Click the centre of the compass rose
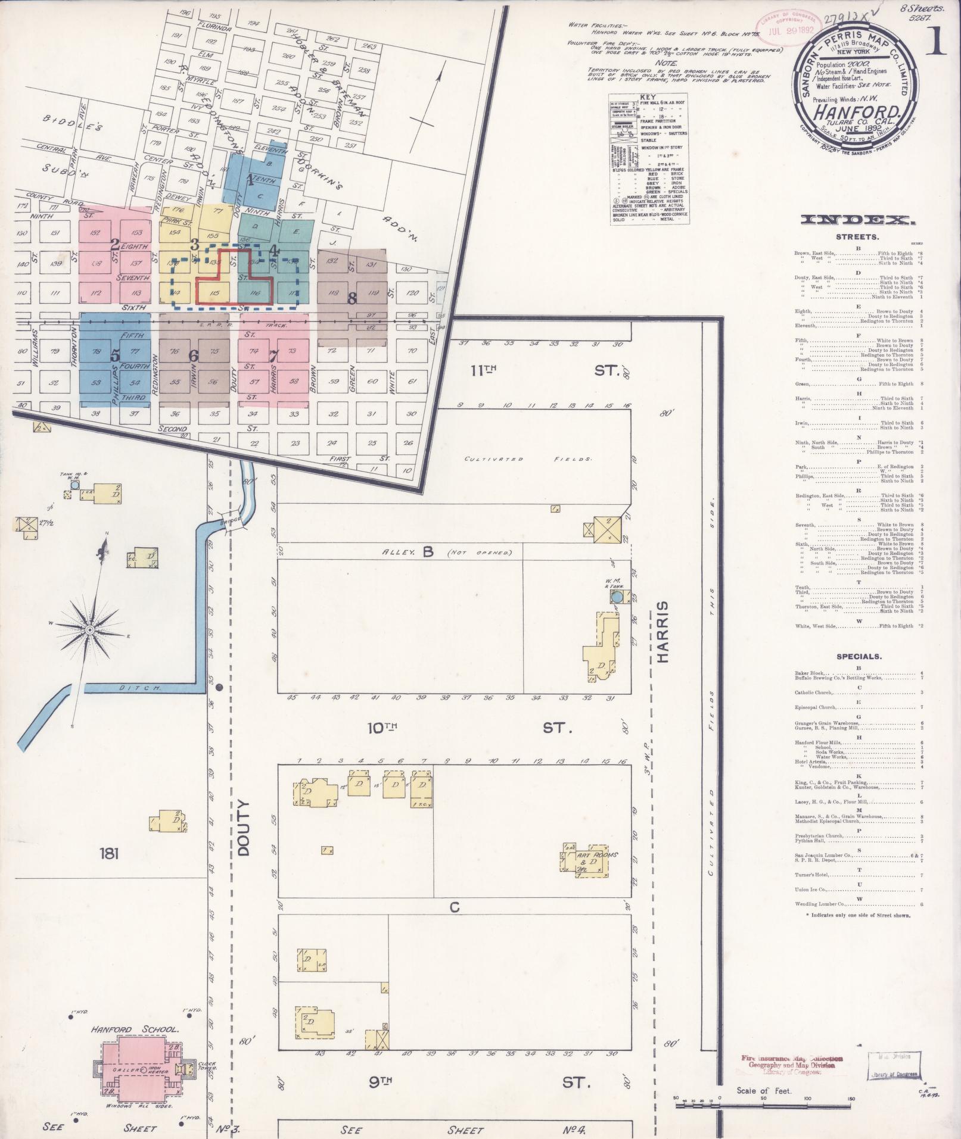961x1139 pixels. pos(89,630)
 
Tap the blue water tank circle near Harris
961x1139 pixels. pos(617,597)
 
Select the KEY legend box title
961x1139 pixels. pos(647,96)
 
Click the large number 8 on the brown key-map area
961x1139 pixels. pos(352,299)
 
